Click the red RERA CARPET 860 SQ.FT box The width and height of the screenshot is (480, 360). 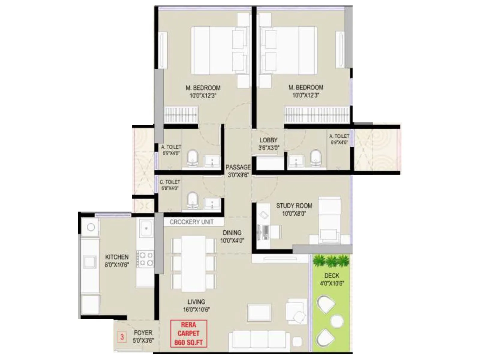click(188, 334)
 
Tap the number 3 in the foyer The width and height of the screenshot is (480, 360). click(122, 337)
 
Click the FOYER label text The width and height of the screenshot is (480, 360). click(143, 333)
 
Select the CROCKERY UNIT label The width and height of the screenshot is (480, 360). click(191, 222)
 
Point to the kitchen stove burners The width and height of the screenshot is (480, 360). click(145, 259)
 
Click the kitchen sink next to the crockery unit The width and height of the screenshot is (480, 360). click(146, 228)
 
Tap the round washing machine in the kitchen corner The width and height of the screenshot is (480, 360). click(91, 227)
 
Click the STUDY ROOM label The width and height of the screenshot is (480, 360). click(294, 206)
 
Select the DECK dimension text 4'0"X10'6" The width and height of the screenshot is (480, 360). click(332, 283)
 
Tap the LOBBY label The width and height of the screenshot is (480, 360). click(268, 140)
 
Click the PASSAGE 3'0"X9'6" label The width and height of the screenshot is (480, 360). click(238, 171)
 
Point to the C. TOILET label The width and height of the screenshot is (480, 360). click(170, 182)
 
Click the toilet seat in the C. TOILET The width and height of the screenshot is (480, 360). click(192, 200)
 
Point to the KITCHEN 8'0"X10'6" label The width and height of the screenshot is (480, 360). click(117, 261)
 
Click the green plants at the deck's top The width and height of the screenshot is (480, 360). click(331, 261)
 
